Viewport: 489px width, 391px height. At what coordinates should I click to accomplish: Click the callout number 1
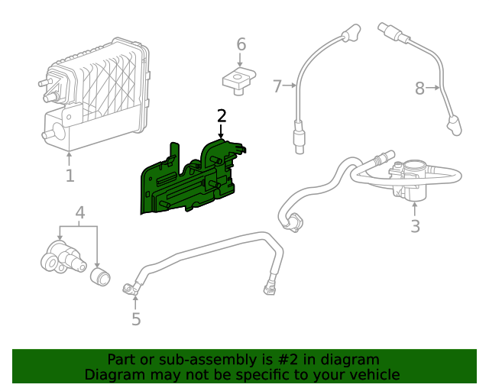tap(70, 176)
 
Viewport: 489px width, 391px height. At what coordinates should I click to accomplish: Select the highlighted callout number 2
tap(222, 116)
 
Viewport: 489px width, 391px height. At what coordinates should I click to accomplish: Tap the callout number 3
tap(415, 227)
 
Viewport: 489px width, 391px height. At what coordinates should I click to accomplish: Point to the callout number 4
tap(79, 212)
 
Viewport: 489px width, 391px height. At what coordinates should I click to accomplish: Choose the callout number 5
tap(136, 319)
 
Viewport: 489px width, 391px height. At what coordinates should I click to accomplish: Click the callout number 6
tap(241, 44)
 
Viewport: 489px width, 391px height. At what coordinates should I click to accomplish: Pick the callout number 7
tap(277, 86)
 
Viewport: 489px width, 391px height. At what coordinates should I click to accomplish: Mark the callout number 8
tap(419, 89)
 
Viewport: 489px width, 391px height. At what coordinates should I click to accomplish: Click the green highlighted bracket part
tap(191, 179)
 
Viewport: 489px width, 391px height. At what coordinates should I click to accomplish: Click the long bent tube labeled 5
tap(206, 256)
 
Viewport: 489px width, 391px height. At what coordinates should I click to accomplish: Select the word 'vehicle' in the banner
tap(374, 374)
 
